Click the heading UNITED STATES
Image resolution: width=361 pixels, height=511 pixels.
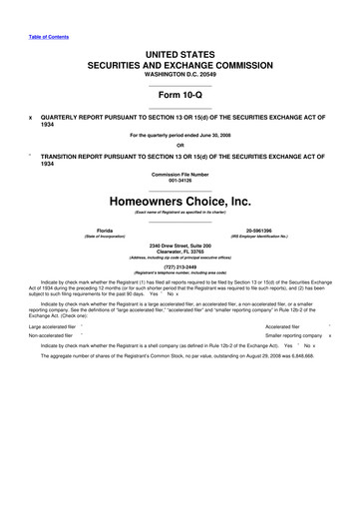(x=180, y=51)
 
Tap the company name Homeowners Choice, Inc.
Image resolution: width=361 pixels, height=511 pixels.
(x=180, y=202)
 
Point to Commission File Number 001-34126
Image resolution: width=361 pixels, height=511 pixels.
(x=180, y=181)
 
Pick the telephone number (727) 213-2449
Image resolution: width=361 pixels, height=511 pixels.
(x=180, y=266)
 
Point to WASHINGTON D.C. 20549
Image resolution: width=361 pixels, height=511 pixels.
(x=180, y=74)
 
